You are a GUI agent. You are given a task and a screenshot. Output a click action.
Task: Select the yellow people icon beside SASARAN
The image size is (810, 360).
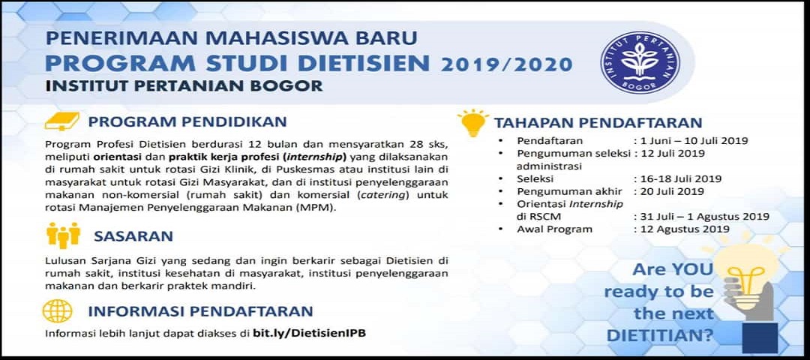pyautogui.click(x=64, y=235)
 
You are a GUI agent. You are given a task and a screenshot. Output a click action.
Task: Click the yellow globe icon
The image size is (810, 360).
pyautogui.click(x=57, y=311)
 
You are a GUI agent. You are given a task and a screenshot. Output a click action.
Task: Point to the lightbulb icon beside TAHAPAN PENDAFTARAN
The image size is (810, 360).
pyautogui.click(x=472, y=124)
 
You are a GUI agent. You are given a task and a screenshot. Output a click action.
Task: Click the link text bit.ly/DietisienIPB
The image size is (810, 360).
pyautogui.click(x=309, y=333)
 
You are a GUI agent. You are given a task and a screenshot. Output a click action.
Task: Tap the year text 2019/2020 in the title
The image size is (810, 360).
pyautogui.click(x=506, y=64)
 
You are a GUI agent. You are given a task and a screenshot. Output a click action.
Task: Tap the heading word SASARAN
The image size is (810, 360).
pyautogui.click(x=133, y=236)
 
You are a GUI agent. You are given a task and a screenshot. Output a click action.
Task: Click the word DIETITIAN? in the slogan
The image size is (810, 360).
pyautogui.click(x=659, y=334)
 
